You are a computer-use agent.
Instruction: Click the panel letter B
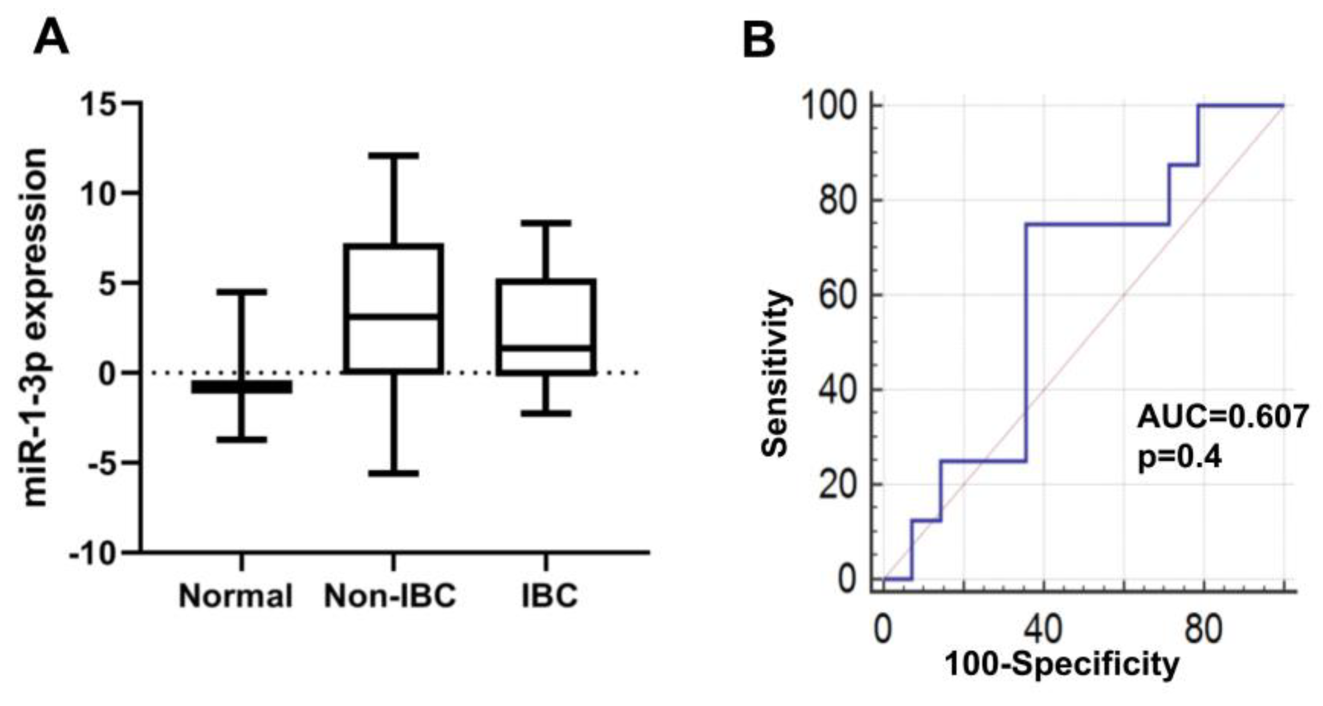click(x=759, y=40)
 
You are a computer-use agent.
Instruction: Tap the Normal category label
click(x=236, y=597)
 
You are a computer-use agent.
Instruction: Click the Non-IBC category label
click(x=391, y=597)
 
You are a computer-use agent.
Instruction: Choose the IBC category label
click(x=549, y=597)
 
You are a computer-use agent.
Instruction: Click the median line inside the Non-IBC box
click(x=393, y=317)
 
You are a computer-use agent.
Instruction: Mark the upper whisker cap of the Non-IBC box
click(x=393, y=155)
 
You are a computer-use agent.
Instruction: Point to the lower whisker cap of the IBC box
click(x=546, y=413)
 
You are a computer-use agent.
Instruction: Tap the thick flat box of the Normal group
click(x=241, y=387)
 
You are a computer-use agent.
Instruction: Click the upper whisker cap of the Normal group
click(x=241, y=291)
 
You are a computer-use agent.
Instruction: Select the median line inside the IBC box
click(x=546, y=348)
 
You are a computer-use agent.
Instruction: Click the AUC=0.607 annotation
click(x=1222, y=416)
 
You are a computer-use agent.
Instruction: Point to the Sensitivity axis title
click(x=775, y=374)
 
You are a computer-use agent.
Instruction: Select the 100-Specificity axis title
click(x=1062, y=664)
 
